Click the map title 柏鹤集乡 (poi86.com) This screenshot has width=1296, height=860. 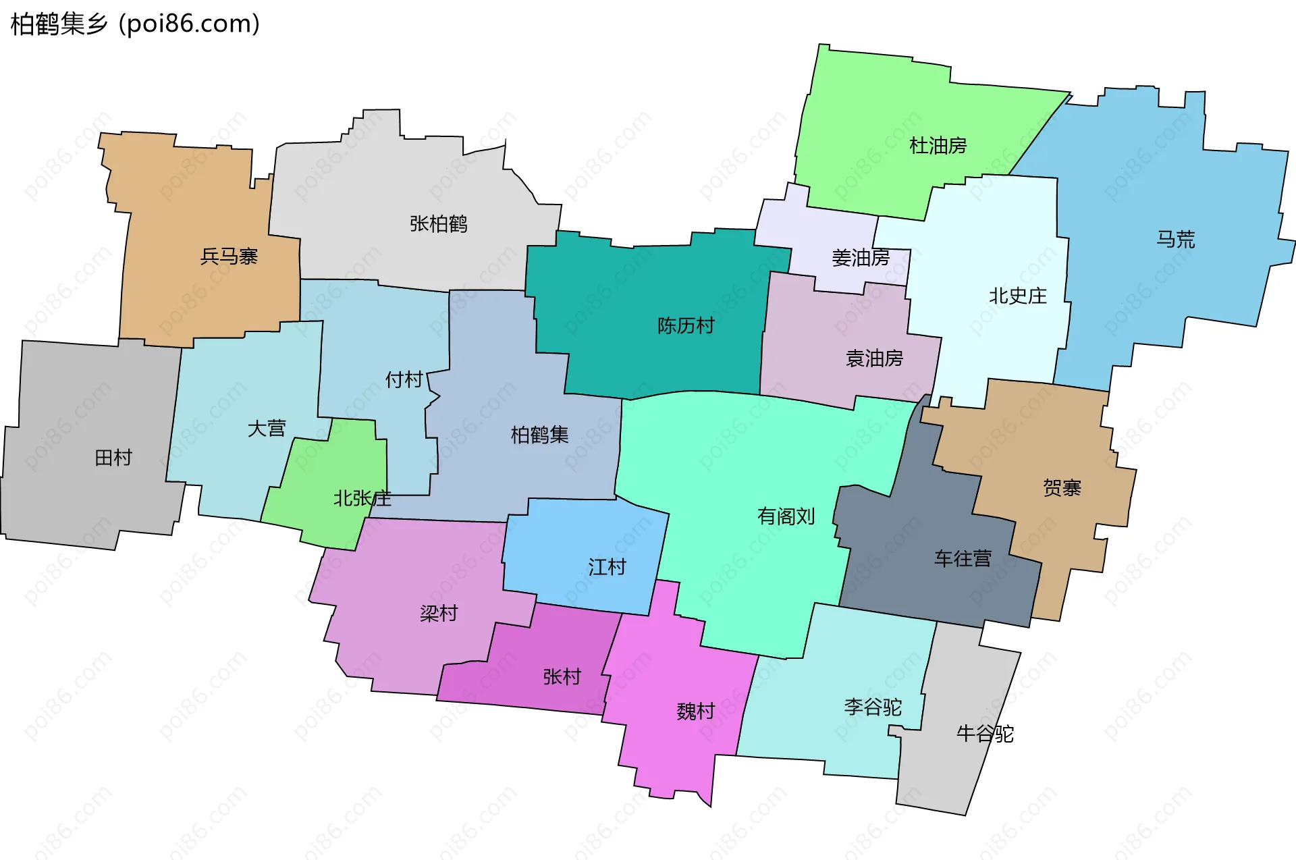click(x=135, y=24)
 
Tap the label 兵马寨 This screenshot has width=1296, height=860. click(x=229, y=257)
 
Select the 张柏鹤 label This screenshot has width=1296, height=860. click(x=438, y=223)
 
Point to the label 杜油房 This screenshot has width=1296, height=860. click(x=938, y=145)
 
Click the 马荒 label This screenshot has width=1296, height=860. click(x=1175, y=239)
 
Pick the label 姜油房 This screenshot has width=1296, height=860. click(x=860, y=257)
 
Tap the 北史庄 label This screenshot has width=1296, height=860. click(x=1017, y=296)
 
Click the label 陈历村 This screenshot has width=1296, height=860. click(x=685, y=325)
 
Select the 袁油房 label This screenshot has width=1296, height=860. click(x=874, y=358)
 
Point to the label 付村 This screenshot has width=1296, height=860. click(x=404, y=379)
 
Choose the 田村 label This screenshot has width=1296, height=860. click(x=113, y=458)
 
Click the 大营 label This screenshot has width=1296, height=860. click(x=267, y=428)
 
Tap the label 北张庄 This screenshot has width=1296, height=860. click(x=362, y=498)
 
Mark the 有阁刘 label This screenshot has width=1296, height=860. click(x=786, y=516)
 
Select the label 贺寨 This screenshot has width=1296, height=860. click(x=1062, y=487)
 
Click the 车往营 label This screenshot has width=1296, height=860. click(x=963, y=558)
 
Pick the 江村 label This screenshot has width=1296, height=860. click(x=607, y=566)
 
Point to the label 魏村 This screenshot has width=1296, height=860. click(x=695, y=711)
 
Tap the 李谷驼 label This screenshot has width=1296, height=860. click(x=873, y=707)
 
